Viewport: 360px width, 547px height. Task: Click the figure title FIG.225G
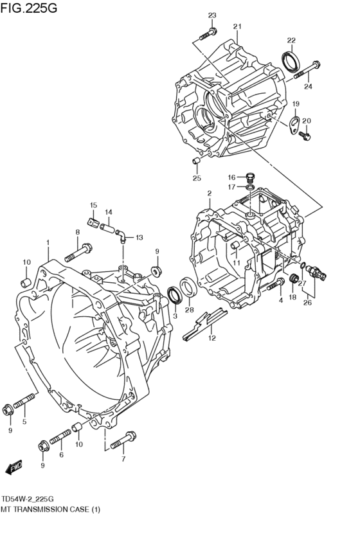click(29, 8)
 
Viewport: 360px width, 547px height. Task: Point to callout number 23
click(212, 15)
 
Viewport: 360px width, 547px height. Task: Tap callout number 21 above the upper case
click(237, 26)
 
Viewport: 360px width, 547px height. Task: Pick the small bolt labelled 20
click(306, 135)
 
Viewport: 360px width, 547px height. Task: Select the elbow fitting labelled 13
click(122, 237)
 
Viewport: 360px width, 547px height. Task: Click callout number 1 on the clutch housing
click(48, 242)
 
